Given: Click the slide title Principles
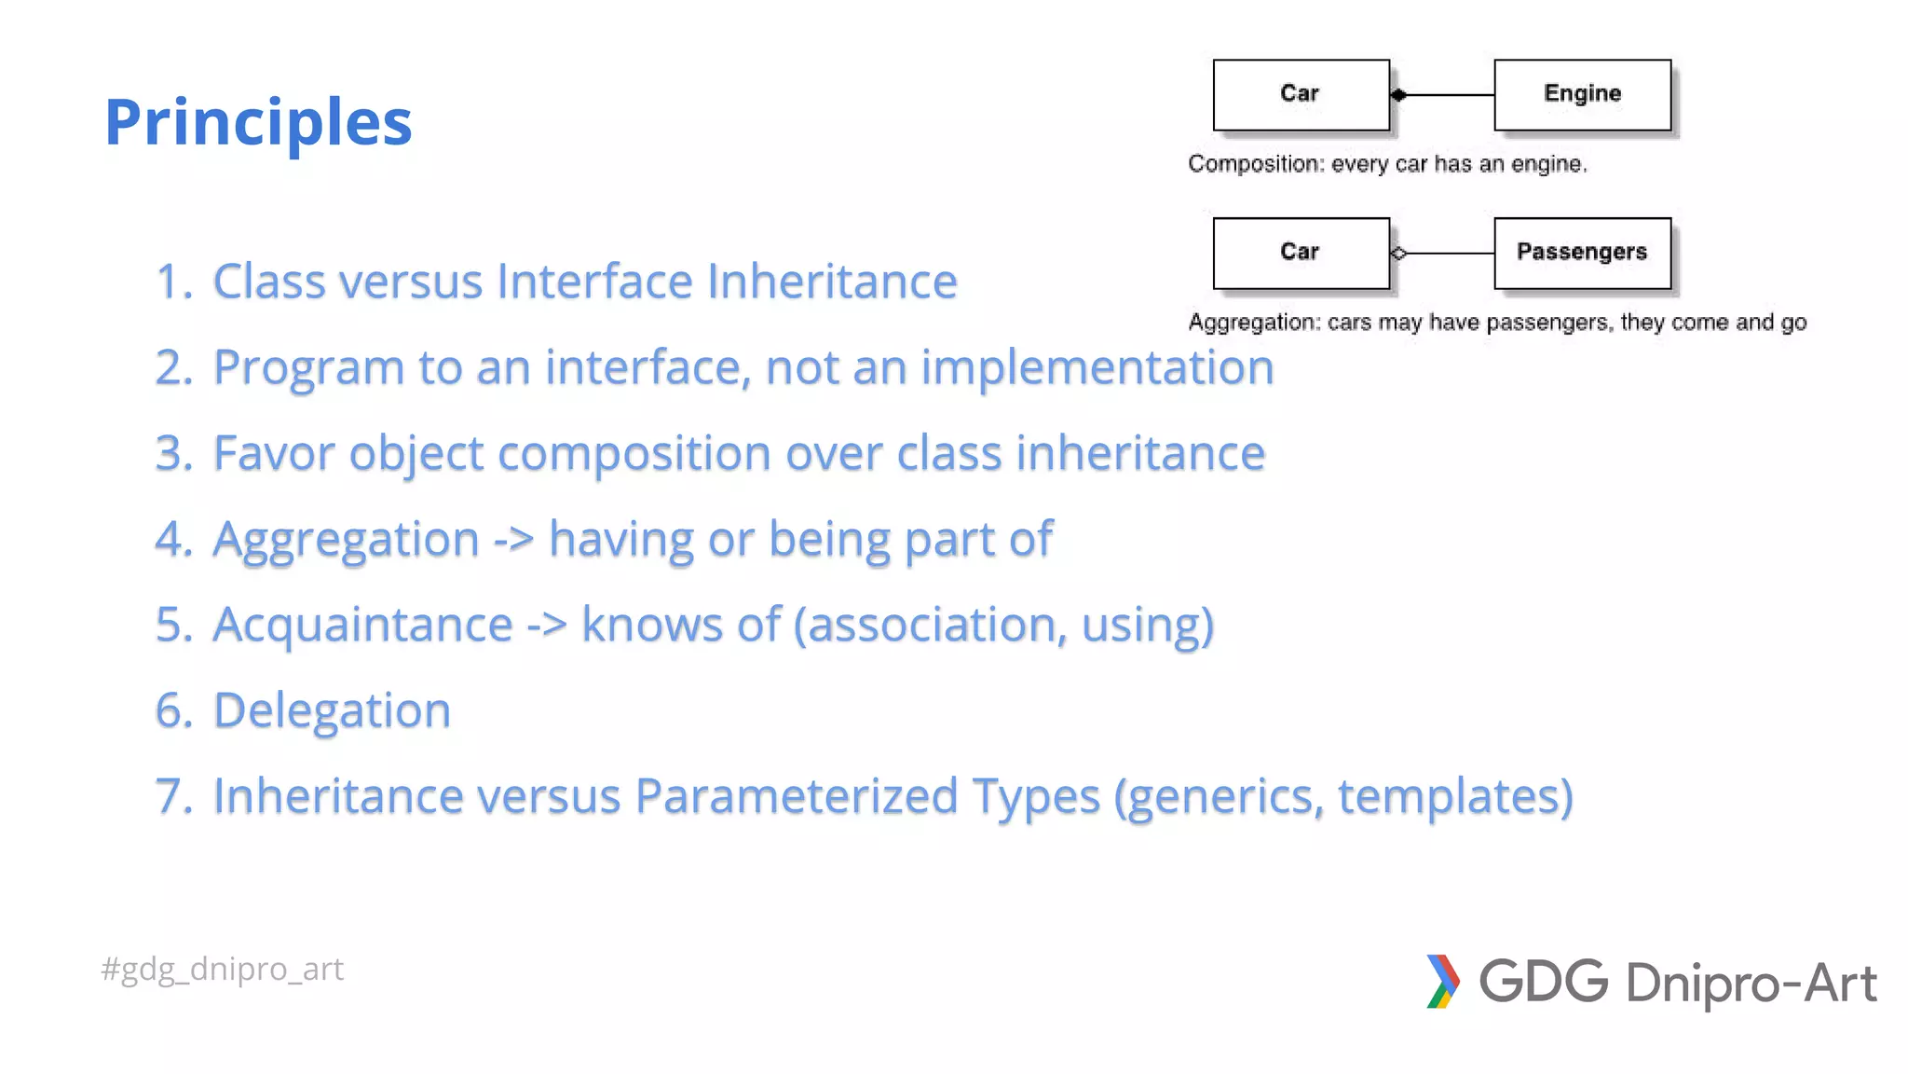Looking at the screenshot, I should (258, 122).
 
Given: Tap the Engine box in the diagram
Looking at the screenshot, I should (1582, 94).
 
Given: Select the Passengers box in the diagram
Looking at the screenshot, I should (1582, 253).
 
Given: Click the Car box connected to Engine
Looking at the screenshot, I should (1301, 94).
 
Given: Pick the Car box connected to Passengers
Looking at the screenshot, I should (1301, 253).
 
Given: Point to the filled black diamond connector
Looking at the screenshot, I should (1398, 95).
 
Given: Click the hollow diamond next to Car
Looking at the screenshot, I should (1398, 253).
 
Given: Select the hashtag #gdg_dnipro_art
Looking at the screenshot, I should (222, 970).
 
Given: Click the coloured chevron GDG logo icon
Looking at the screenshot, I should (1442, 982).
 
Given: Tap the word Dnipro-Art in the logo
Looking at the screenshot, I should (1751, 984).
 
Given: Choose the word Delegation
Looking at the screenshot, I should (332, 710).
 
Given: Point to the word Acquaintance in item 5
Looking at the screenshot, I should (362, 625).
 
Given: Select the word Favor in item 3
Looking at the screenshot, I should (274, 453).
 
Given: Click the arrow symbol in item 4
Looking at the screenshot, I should (513, 540).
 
